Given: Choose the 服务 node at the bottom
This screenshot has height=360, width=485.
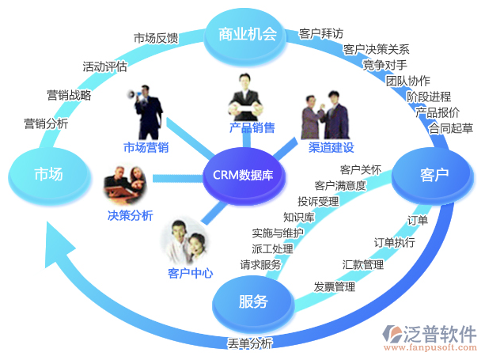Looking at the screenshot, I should (252, 301).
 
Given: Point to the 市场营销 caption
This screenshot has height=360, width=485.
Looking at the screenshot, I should (146, 147).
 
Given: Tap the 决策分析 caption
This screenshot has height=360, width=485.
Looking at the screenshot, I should (131, 215).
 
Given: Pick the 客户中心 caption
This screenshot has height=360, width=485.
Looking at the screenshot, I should (191, 273).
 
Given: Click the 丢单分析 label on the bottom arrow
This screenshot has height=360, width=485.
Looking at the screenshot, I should (250, 343).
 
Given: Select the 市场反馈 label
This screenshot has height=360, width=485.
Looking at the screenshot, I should (155, 38).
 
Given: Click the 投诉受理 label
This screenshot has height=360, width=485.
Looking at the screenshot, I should (318, 201).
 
